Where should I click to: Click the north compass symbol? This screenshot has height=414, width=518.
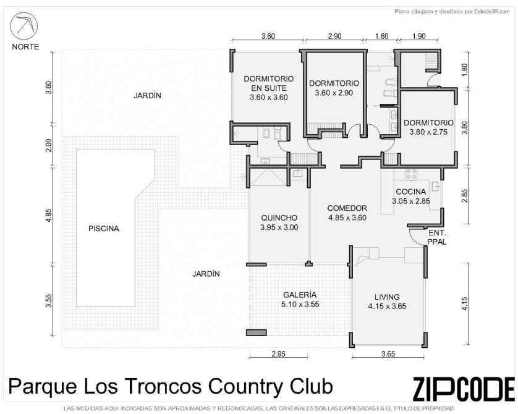click(23, 26)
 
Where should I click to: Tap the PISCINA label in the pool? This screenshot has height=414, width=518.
click(104, 229)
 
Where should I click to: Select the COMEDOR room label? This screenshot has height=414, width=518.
click(347, 208)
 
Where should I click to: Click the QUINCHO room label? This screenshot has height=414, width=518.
click(279, 218)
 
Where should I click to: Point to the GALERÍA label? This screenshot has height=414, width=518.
click(300, 295)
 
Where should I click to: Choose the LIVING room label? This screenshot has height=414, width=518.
click(387, 297)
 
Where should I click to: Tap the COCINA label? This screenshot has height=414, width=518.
click(411, 192)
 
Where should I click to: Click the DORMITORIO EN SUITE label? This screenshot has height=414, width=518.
click(268, 83)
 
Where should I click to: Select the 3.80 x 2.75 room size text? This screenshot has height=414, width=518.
click(428, 132)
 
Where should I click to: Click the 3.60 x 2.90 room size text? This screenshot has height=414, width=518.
click(334, 93)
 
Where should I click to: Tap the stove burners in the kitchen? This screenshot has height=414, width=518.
click(411, 174)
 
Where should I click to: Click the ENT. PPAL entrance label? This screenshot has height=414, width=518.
click(437, 237)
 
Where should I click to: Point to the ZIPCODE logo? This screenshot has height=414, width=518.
click(464, 389)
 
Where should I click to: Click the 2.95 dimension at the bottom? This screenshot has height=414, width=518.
click(279, 354)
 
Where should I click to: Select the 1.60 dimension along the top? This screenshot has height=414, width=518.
click(382, 36)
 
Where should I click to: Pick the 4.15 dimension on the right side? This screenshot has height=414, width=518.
click(464, 304)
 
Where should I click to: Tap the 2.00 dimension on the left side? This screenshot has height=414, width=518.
click(49, 145)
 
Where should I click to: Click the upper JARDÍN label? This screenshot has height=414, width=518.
click(147, 95)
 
